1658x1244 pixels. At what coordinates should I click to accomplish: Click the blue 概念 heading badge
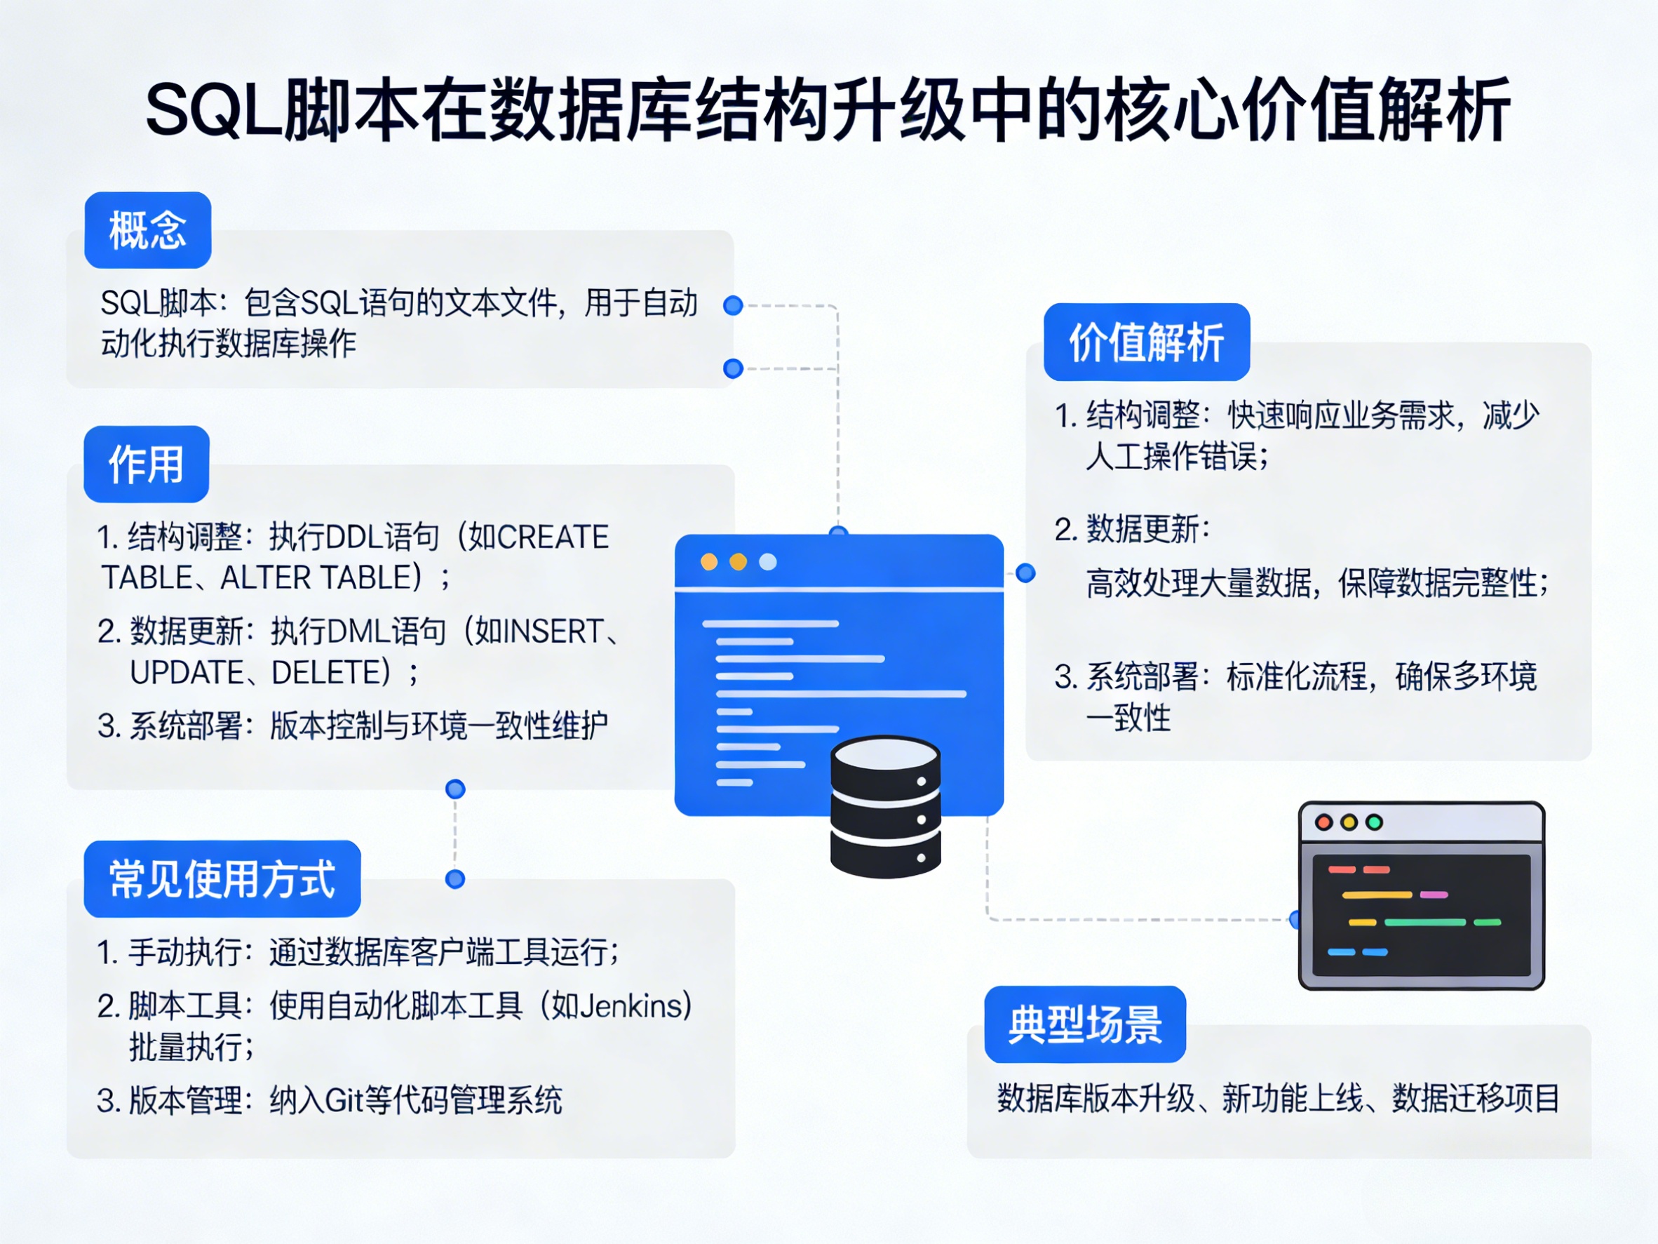[148, 229]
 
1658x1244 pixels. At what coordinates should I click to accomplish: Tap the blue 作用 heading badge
[146, 464]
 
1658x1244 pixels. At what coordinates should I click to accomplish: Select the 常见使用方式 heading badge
[222, 879]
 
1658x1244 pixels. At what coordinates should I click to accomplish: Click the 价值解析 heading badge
[1146, 342]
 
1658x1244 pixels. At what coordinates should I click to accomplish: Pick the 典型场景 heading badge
[1084, 1024]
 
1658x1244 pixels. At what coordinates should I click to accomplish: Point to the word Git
[345, 1100]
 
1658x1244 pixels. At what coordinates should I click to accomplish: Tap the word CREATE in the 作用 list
[553, 537]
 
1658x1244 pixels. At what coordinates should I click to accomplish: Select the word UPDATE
[187, 673]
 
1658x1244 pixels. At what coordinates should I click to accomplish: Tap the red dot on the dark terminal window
[1323, 822]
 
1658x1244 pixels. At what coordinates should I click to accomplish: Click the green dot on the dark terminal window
[1374, 822]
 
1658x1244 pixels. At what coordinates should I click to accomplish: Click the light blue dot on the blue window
[767, 561]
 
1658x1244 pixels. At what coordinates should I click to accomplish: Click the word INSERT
[553, 631]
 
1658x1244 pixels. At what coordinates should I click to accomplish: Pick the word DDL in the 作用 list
[356, 537]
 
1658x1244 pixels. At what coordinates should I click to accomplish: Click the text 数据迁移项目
[1475, 1099]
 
